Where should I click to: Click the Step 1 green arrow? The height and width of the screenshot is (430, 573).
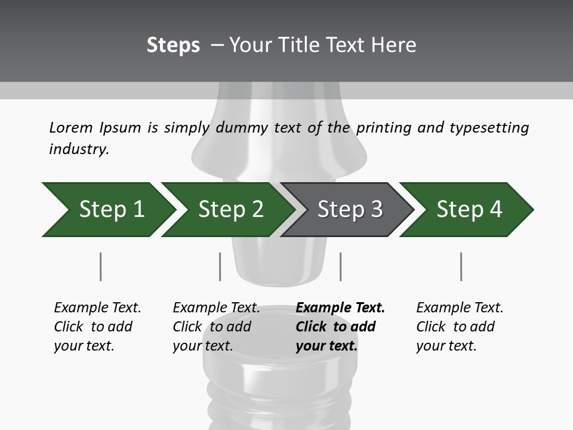111,210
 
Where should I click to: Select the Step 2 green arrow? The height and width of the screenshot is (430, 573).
230,210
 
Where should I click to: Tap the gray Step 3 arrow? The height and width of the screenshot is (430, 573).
350,210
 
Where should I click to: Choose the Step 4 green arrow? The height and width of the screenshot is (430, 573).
469,210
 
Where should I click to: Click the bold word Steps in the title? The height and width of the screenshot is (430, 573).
173,45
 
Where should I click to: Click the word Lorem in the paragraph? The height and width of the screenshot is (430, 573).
70,128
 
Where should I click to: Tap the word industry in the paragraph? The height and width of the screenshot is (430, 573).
78,149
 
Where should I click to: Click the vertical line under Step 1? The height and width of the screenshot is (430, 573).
100,266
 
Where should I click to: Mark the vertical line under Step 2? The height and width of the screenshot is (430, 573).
220,266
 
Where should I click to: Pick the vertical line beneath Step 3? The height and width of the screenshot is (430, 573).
340,266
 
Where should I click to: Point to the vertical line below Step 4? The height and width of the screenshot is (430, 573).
461,266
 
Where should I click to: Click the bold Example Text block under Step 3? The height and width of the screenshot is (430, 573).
340,327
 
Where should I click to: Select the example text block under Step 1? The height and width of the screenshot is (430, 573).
97,327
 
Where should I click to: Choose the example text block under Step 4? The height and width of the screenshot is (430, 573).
460,327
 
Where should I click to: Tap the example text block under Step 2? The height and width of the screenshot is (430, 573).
216,327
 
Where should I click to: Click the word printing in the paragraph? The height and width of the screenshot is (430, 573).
383,128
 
